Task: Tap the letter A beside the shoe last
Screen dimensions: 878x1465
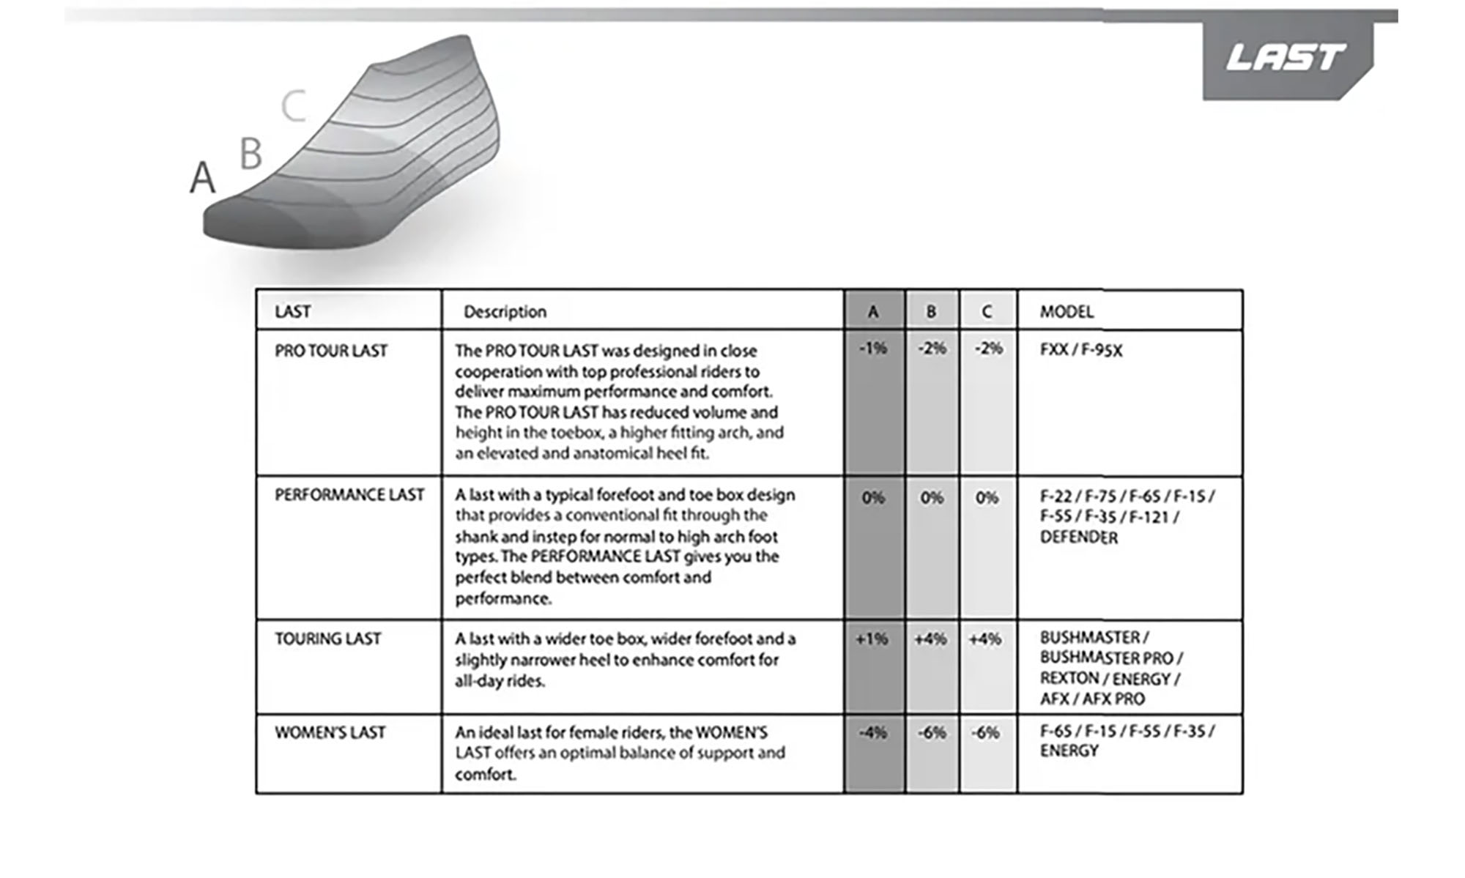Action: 203,177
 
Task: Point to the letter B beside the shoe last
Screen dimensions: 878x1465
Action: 251,154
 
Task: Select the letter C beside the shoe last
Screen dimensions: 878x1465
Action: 294,106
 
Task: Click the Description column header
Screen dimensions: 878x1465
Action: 505,312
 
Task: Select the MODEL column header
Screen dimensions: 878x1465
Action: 1067,312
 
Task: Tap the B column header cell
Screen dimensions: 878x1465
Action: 931,312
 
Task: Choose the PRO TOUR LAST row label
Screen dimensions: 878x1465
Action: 331,351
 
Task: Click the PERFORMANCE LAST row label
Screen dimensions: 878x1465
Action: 349,495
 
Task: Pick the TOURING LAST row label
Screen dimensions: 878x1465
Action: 328,639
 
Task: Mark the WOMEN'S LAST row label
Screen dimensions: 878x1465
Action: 330,732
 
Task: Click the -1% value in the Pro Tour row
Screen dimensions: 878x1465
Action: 873,349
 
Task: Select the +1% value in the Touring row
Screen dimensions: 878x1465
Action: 872,639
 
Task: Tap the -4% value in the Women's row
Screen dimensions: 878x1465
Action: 873,732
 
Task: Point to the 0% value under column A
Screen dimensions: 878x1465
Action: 873,498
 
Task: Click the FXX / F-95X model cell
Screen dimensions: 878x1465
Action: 1081,350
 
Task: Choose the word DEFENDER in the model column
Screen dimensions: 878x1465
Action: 1079,537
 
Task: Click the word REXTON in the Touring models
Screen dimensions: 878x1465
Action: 1069,678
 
